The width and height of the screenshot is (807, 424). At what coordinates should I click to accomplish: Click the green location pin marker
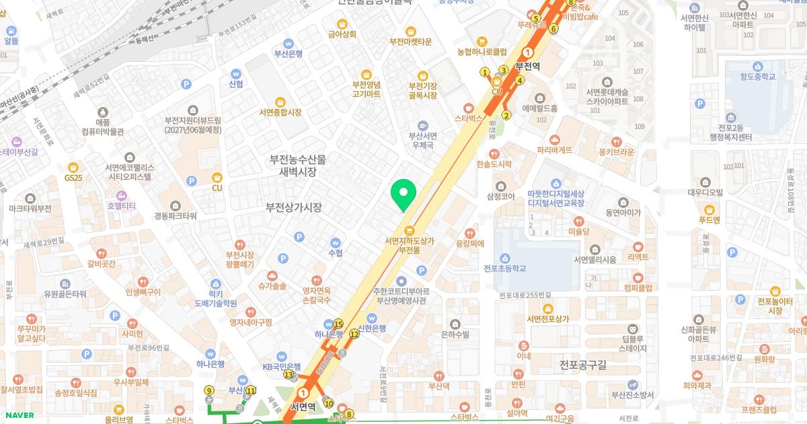[x=403, y=195]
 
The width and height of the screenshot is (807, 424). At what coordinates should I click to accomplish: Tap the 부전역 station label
[x=528, y=66]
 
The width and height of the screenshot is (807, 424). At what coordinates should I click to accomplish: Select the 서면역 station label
[x=303, y=407]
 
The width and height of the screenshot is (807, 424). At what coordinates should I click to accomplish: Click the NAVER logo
[x=17, y=415]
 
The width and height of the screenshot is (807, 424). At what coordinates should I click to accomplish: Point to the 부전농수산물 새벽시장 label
[x=297, y=166]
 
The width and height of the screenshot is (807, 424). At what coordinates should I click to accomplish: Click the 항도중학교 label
[x=757, y=77]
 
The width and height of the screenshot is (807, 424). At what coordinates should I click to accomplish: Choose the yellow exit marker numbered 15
[x=338, y=324]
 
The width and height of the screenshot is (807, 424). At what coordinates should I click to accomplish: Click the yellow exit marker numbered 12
[x=354, y=334]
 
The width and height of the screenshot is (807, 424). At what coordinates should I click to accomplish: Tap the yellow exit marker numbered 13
[x=289, y=374]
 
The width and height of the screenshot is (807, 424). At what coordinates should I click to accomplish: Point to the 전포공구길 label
[x=582, y=365]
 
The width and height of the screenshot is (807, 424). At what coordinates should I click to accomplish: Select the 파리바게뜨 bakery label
[x=555, y=150]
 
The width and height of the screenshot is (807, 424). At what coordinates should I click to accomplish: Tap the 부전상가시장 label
[x=293, y=207]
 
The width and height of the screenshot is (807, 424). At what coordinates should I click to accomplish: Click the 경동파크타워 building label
[x=175, y=216]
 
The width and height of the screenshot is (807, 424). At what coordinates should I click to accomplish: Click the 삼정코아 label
[x=500, y=197]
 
